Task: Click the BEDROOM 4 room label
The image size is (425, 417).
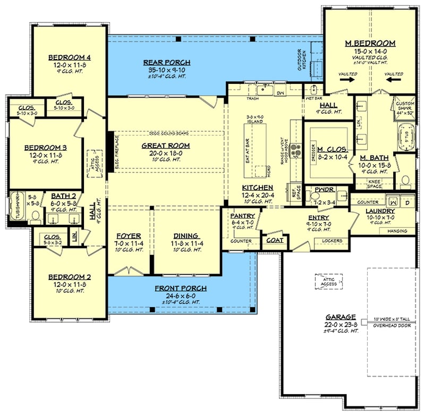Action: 70,58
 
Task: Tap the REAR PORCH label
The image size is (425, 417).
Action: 167,63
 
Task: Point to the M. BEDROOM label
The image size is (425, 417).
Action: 370,43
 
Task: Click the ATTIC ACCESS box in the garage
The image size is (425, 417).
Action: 329,282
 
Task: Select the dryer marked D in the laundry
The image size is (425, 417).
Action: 407,202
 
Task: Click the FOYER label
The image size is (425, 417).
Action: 129,236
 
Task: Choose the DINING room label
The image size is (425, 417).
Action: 186,236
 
